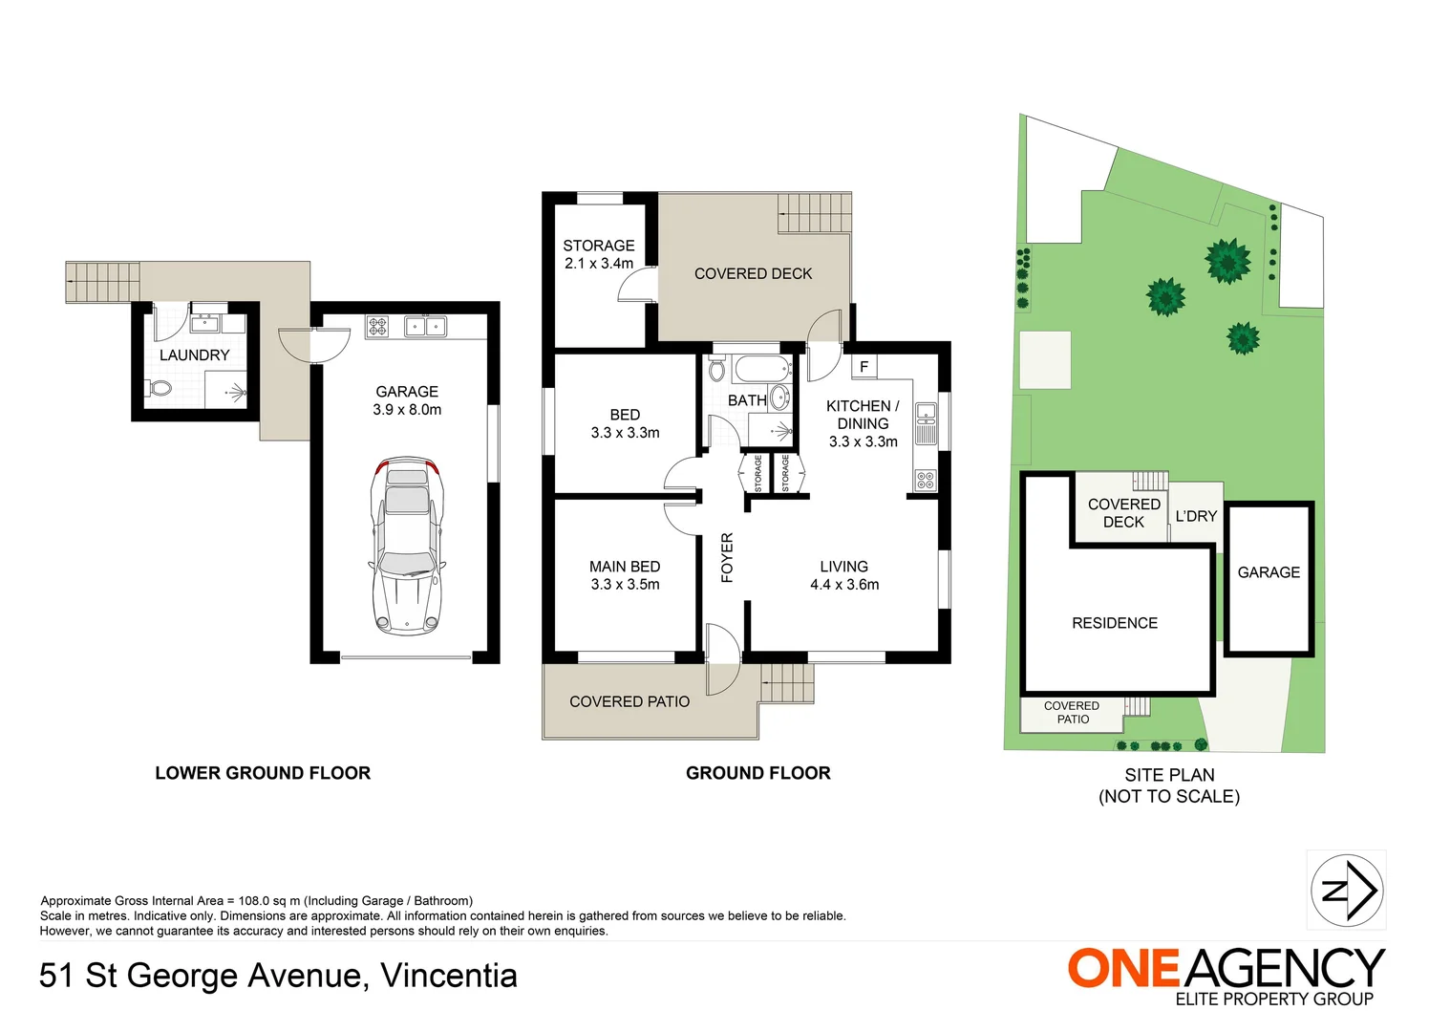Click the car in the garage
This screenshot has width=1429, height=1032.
point(408,545)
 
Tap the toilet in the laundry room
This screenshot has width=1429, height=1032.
point(160,389)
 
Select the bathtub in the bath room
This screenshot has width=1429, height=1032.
point(761,368)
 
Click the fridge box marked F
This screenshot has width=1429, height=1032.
point(864,367)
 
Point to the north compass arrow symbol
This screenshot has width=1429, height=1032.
point(1347,891)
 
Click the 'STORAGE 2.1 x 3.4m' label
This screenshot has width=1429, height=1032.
point(599,254)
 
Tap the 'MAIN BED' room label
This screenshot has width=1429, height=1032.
point(625,568)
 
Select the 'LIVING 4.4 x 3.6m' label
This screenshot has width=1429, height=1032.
point(844,575)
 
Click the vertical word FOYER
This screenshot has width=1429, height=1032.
point(727,557)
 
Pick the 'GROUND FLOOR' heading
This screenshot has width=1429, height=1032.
point(757,773)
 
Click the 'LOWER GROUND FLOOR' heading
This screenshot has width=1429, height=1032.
point(263,773)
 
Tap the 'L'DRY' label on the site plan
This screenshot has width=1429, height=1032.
point(1196,516)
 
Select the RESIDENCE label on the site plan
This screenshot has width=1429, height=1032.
point(1115,623)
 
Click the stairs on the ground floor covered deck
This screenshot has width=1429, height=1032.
point(814,212)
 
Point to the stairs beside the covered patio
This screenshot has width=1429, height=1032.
point(788,683)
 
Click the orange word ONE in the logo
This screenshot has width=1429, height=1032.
point(1124,969)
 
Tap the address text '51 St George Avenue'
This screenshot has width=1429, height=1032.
point(201,976)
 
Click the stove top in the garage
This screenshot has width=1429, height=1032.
point(377,327)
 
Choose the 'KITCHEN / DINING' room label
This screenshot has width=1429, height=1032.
point(863,415)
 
